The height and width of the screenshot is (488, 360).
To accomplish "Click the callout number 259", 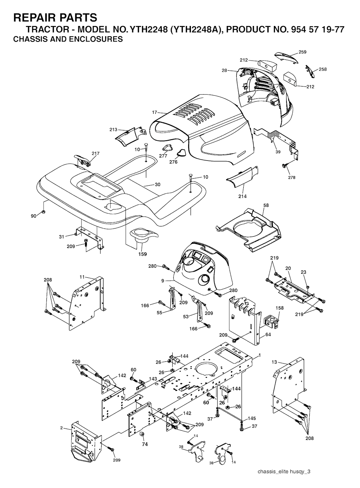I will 302,52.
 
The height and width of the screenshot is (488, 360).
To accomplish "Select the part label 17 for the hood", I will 154,113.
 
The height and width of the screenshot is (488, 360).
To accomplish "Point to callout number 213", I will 113,130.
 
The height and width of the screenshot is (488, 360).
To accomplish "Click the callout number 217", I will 95,153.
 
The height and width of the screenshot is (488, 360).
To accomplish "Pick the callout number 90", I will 33,216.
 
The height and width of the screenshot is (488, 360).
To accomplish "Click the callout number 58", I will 266,205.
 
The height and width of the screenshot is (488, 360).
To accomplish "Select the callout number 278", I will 291,178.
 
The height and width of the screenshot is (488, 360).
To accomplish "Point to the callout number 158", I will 279,308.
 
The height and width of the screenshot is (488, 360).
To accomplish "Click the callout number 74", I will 145,444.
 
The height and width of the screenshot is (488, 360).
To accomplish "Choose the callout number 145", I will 252,418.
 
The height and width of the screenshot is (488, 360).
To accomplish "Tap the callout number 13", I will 274,362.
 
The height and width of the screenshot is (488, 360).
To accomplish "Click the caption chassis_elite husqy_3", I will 284,471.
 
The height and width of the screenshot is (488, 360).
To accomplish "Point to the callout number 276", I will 173,162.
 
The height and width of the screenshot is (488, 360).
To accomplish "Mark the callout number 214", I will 243,196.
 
